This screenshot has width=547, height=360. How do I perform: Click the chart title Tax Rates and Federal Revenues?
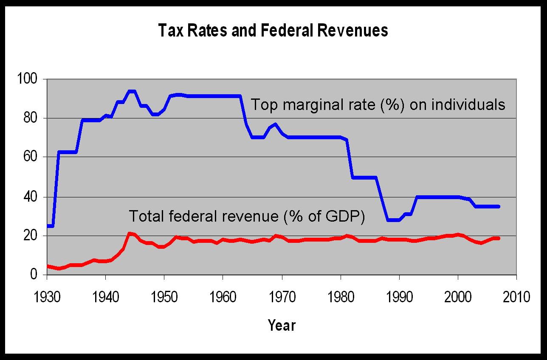pos(273,31)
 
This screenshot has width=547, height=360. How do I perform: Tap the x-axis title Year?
pos(282,325)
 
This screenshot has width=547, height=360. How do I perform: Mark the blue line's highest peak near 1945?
pos(132,91)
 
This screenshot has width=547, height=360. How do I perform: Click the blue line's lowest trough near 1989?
pos(393,220)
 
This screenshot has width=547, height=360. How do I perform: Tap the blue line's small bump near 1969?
pos(275,124)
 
